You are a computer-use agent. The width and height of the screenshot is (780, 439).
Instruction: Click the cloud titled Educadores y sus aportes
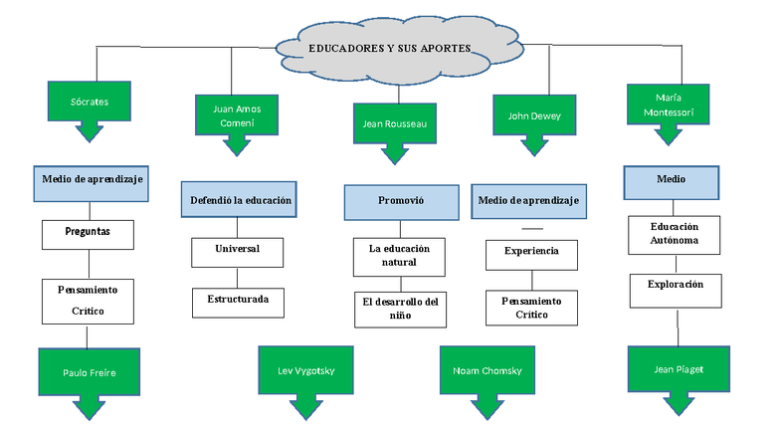398,47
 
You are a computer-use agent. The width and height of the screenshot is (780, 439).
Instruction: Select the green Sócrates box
90,102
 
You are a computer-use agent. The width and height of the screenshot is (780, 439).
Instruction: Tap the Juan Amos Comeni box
236,114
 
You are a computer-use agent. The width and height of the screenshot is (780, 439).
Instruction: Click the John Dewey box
534,115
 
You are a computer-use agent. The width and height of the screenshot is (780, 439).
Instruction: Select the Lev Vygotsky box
305,370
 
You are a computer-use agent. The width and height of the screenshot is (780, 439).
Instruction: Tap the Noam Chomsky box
487,370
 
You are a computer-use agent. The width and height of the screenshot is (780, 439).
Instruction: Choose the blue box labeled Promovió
400,201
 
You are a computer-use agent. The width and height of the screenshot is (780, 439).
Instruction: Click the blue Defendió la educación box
242,200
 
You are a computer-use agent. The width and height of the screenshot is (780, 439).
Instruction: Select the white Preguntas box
88,233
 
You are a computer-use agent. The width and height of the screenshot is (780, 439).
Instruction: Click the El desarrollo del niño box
400,309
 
